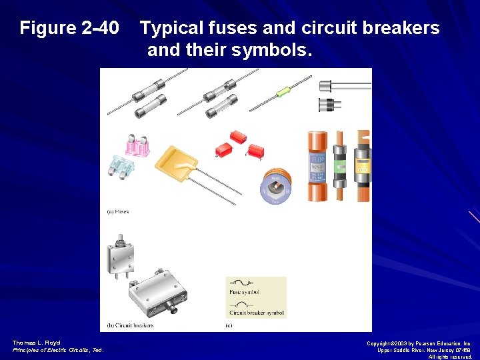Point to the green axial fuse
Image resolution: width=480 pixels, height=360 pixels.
click(x=283, y=90)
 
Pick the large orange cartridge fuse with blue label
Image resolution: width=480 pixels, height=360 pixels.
click(x=317, y=166)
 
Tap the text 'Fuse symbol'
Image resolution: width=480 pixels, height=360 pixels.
click(x=245, y=293)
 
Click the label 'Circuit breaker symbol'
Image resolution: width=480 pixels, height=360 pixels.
click(x=257, y=313)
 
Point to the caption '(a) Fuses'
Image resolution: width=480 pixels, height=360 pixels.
click(x=118, y=212)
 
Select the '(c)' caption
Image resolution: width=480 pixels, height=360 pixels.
click(x=229, y=325)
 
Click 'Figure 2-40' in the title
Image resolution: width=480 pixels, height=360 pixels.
click(x=69, y=28)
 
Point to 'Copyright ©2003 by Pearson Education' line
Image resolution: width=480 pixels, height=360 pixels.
click(x=419, y=343)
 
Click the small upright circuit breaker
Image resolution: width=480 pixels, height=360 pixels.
click(x=121, y=256)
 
